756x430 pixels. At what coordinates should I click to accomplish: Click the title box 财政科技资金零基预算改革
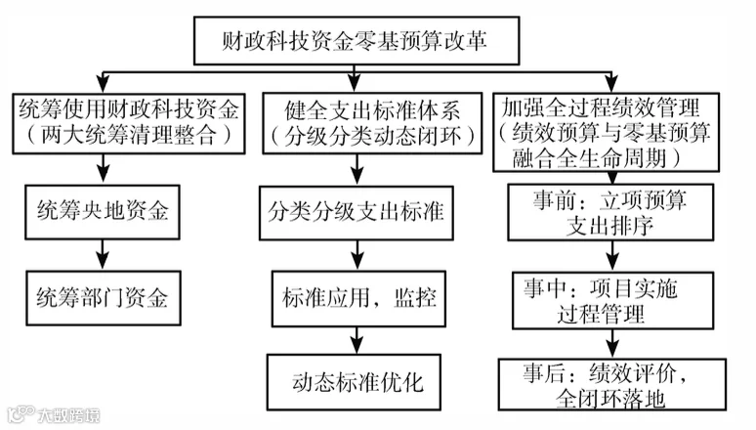357,40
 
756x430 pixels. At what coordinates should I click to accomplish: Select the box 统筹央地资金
103,212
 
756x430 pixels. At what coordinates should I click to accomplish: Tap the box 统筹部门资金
104,298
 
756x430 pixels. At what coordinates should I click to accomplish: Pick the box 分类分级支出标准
357,213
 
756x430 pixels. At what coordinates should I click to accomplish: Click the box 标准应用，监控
358,299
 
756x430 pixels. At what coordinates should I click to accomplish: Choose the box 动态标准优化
354,382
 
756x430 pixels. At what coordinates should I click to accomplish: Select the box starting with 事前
610,212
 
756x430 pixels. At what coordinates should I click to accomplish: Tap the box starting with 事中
612,301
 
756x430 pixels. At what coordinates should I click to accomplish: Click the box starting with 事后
612,385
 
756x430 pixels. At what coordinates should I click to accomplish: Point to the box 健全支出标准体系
372,123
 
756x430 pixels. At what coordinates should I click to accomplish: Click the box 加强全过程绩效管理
606,132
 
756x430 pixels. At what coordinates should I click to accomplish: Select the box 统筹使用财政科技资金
129,124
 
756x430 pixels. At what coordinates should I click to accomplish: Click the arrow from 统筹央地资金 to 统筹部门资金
103,255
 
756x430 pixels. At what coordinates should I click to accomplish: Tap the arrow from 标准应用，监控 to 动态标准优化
357,341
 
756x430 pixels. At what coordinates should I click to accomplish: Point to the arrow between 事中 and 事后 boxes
612,344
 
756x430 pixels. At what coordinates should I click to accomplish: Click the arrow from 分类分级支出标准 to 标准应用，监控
357,255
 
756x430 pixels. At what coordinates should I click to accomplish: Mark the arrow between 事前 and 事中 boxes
612,256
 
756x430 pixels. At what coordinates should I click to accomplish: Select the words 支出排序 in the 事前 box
609,226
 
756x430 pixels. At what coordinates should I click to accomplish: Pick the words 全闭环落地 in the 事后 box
610,399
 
